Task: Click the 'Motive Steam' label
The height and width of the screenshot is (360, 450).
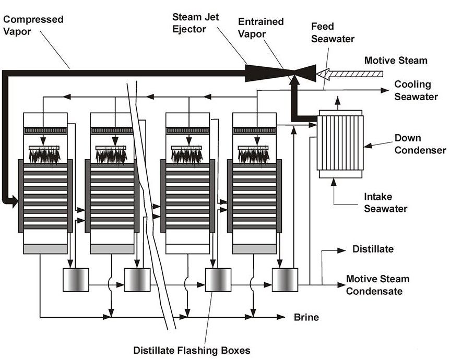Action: coord(395,61)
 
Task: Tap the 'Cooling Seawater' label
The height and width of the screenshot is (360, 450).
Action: coord(412,90)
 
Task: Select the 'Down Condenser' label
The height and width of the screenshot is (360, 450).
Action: coord(420,145)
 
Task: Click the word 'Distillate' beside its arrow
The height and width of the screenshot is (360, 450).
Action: coord(373,249)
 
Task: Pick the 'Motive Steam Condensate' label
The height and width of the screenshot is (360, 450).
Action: coord(377,285)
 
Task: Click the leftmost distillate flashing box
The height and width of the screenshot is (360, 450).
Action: coord(76,280)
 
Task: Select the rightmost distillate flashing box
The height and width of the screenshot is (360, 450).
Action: coord(285,280)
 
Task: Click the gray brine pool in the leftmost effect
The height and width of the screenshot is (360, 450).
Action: coord(45,249)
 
